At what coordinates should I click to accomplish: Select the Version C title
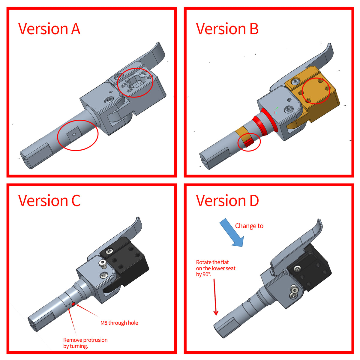[x=49, y=200]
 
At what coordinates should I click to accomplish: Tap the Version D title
[x=227, y=200]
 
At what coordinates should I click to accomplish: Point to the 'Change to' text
[x=249, y=226]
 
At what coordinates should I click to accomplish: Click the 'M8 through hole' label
[x=119, y=322]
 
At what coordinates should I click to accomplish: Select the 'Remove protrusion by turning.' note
[x=85, y=343]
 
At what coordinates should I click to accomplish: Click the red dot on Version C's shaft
[x=73, y=304]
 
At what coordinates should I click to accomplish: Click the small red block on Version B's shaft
[x=249, y=143]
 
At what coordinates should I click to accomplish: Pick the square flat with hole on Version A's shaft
[x=74, y=134]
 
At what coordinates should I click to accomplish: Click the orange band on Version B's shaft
[x=244, y=135]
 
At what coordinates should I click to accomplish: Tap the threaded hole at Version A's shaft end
[x=25, y=160]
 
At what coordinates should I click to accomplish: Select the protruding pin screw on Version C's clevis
[x=103, y=264]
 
